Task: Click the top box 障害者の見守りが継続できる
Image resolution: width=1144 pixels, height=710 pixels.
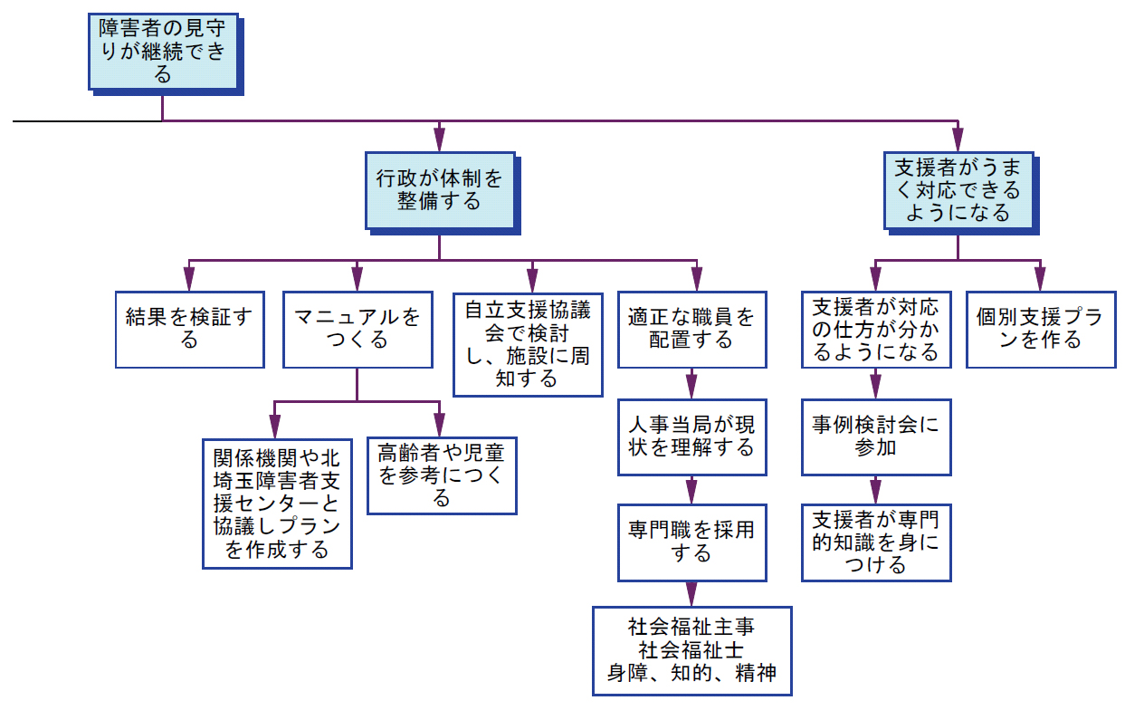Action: pos(163,52)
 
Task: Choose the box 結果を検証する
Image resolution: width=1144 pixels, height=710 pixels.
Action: pos(189,330)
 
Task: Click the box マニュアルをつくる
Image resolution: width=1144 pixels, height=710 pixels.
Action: pos(357,330)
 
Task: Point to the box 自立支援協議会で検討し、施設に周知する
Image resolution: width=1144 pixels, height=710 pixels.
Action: pos(528,344)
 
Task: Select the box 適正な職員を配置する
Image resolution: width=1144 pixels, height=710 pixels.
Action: pos(692,330)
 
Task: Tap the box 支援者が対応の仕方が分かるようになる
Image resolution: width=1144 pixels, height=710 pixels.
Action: pos(876,330)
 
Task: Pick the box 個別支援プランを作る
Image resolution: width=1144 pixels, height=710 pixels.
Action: pos(1041,330)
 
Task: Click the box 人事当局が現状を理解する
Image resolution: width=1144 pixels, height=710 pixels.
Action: pos(692,437)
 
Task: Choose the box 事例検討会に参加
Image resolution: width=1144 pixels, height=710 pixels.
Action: pos(876,437)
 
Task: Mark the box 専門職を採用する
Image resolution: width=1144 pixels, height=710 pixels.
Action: pos(692,542)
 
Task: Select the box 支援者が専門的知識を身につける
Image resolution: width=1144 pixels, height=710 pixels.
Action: pos(876,542)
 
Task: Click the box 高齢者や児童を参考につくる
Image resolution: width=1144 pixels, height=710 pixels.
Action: pos(442,475)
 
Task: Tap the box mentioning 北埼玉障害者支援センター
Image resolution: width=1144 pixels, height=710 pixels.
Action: pos(277,504)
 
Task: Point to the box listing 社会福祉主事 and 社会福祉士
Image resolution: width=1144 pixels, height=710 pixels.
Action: pos(692,651)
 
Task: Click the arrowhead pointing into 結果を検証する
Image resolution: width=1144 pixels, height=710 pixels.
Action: pos(189,279)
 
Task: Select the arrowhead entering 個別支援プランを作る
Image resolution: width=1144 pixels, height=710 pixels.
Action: pos(1040,279)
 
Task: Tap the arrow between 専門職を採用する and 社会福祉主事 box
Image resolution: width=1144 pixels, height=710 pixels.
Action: pos(692,594)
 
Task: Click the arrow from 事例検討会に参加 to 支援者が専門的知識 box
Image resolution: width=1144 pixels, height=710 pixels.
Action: pos(876,490)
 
